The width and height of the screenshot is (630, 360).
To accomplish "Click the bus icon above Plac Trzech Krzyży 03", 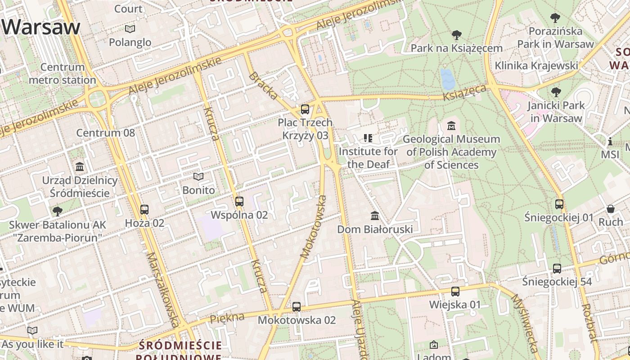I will pyautogui.click(x=305, y=109).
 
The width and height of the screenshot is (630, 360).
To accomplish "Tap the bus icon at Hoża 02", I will pyautogui.click(x=144, y=209).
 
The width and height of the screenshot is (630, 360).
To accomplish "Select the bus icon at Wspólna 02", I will pyautogui.click(x=239, y=201).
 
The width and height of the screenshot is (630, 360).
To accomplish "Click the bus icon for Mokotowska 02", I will pyautogui.click(x=297, y=306).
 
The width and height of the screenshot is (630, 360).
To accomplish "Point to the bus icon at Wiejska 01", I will pyautogui.click(x=455, y=291).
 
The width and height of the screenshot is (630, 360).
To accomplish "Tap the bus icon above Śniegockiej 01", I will pyautogui.click(x=559, y=204).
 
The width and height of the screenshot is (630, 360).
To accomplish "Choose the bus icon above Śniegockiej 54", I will pyautogui.click(x=557, y=268).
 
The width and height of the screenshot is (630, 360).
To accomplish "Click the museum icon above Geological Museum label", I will pyautogui.click(x=451, y=126).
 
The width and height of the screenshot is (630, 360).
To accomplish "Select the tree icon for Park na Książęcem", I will pyautogui.click(x=457, y=35).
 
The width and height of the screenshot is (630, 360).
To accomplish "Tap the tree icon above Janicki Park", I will pyautogui.click(x=556, y=92).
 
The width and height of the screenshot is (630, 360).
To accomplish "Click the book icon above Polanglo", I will pyautogui.click(x=130, y=29).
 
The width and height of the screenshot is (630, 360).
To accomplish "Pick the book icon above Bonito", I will pyautogui.click(x=198, y=176).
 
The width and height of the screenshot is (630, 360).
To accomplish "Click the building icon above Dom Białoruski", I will pyautogui.click(x=375, y=216).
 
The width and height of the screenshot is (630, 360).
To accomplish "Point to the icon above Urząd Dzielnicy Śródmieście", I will pyautogui.click(x=80, y=166).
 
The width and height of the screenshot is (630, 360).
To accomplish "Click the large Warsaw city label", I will pyautogui.click(x=41, y=27).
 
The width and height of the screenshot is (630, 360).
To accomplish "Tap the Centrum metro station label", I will pyautogui.click(x=63, y=73).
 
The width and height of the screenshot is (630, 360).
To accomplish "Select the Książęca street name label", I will pyautogui.click(x=464, y=93).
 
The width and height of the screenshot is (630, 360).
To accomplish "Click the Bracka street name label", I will pyautogui.click(x=264, y=85).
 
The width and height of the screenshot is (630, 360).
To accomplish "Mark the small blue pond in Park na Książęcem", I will pyautogui.click(x=448, y=79).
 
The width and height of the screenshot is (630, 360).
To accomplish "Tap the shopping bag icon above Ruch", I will pyautogui.click(x=611, y=208).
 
